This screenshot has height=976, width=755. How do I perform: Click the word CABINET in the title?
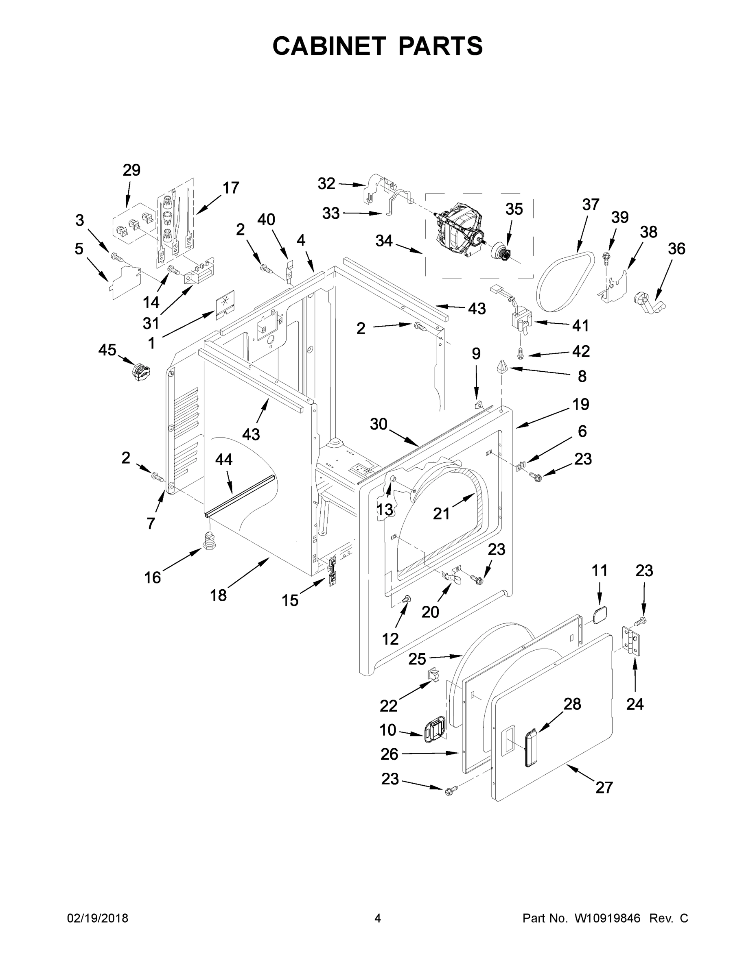pos(329,46)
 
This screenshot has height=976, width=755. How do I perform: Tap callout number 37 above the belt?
pos(591,205)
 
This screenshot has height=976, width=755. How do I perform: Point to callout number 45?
pos(107,350)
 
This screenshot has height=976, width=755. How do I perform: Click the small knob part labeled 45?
pos(140,372)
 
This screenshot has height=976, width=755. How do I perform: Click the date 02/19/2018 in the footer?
pos(98,918)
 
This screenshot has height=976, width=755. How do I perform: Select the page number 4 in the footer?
pos(378,918)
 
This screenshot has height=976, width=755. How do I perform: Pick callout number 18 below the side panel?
pos(219,595)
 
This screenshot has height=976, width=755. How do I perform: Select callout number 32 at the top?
pos(326,183)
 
